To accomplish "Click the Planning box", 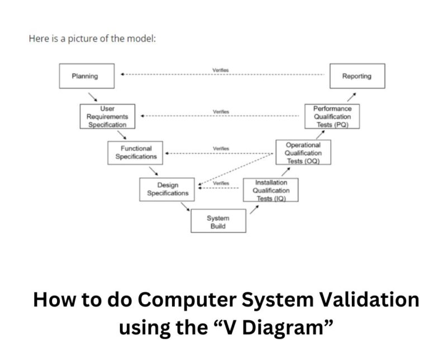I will tap(87, 76).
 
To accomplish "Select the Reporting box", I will tap(357, 76).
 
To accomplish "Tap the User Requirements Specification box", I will tap(107, 116).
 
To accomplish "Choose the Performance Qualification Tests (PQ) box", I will tap(332, 116).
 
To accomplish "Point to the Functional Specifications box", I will tap(136, 153).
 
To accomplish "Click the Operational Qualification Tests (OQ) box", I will tap(303, 153).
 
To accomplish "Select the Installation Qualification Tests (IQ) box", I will tap(271, 190).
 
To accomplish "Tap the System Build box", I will tap(218, 221).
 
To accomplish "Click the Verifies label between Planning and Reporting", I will tap(220, 70).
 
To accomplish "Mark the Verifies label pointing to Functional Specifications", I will tap(221, 149).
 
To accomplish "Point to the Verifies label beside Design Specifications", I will tap(221, 183).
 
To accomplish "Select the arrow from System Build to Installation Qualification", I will tap(254, 209).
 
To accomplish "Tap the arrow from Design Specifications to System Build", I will tap(185, 208).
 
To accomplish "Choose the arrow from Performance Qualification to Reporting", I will tap(350, 97).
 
